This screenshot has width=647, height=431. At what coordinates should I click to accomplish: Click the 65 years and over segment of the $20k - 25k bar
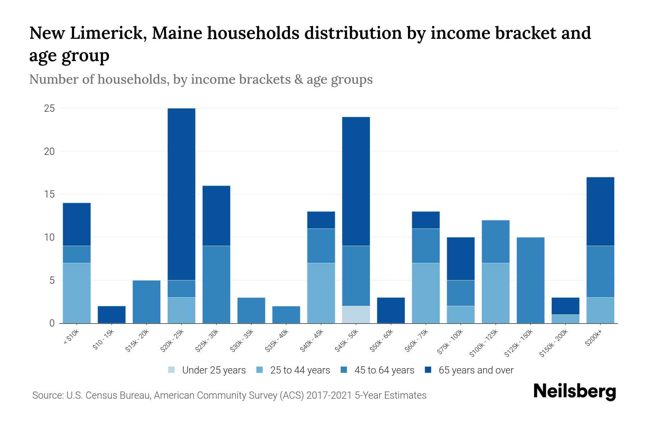pos(182,194)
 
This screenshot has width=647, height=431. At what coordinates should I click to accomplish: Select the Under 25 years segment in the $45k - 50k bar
pos(356,315)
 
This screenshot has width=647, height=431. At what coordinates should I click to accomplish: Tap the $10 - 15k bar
pos(112,315)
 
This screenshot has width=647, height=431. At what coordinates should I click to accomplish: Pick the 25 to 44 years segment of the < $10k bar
pos(77,293)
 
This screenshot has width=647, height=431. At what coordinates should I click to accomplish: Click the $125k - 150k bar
pos(531,280)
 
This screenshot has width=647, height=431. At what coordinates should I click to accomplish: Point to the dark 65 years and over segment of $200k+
pos(600,212)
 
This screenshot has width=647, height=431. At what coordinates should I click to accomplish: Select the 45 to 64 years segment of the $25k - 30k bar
pos(216,284)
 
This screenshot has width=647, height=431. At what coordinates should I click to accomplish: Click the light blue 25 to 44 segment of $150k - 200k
pos(565,319)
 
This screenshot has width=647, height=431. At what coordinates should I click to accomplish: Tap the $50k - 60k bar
pos(391,310)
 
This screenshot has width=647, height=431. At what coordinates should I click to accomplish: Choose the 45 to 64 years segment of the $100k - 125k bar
pos(496,241)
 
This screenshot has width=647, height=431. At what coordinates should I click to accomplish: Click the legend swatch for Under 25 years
pos(172,370)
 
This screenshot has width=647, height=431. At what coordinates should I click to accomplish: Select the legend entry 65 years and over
pos(476,370)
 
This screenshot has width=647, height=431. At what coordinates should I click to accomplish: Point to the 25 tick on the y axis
pos(49,108)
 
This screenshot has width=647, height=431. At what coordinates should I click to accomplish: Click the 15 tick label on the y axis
pos(49,194)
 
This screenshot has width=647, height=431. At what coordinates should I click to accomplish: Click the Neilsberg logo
pos(574,392)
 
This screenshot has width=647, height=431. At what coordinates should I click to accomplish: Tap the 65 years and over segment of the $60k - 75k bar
pos(426,220)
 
